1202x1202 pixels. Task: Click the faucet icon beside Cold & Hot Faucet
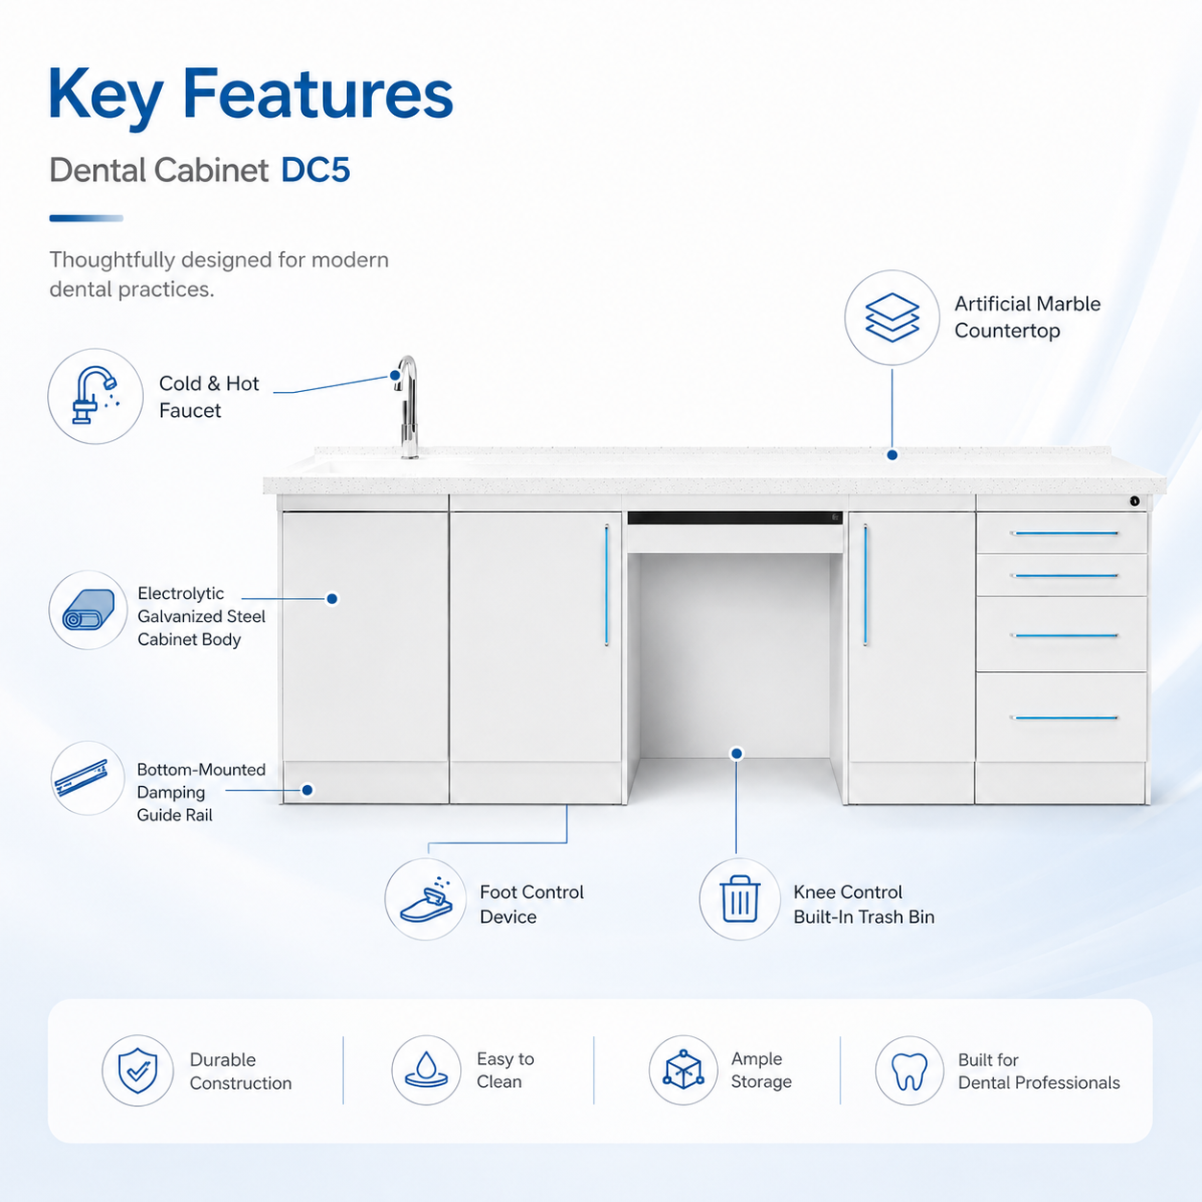[95, 396]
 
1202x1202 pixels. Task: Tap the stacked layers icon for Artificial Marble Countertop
[892, 317]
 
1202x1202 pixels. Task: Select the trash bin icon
[740, 899]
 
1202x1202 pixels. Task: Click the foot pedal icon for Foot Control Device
[427, 899]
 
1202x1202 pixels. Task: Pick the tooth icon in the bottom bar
[910, 1072]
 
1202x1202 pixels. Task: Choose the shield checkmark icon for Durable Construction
[138, 1071]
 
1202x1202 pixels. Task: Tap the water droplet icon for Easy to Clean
[427, 1070]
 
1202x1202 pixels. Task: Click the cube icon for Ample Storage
[683, 1070]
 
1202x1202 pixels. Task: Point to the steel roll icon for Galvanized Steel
[88, 610]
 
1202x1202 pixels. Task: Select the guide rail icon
[81, 777]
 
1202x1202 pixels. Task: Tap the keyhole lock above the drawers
[1135, 501]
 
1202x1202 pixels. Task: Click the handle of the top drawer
[1064, 533]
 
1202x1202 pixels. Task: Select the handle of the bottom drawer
[1064, 718]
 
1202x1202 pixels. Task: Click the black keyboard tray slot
[735, 518]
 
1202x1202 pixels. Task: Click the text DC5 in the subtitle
[315, 171]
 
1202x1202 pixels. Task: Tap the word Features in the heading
[317, 94]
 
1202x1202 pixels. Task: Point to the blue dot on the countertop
[892, 454]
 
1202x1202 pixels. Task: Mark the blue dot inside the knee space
[737, 753]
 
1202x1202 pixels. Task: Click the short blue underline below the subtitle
[86, 219]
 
